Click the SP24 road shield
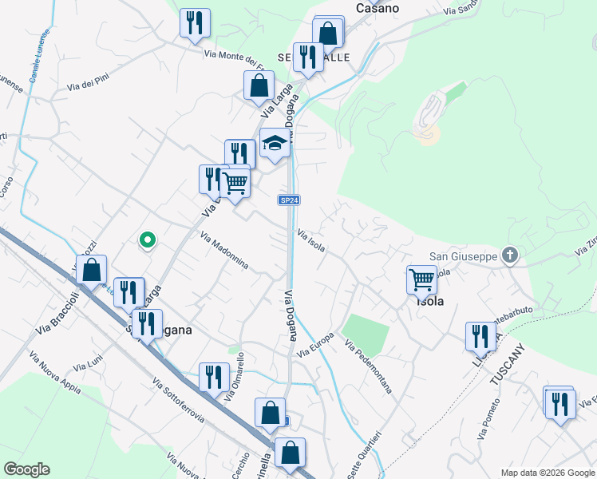click(289, 200)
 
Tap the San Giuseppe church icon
click(511, 255)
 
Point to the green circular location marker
click(147, 239)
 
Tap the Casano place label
click(378, 8)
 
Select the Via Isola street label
click(311, 240)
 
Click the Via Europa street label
click(314, 342)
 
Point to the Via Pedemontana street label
click(369, 366)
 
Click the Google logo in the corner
click(26, 469)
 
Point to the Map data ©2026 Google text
click(548, 473)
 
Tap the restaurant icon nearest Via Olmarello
click(212, 376)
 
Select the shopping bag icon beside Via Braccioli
click(92, 270)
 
